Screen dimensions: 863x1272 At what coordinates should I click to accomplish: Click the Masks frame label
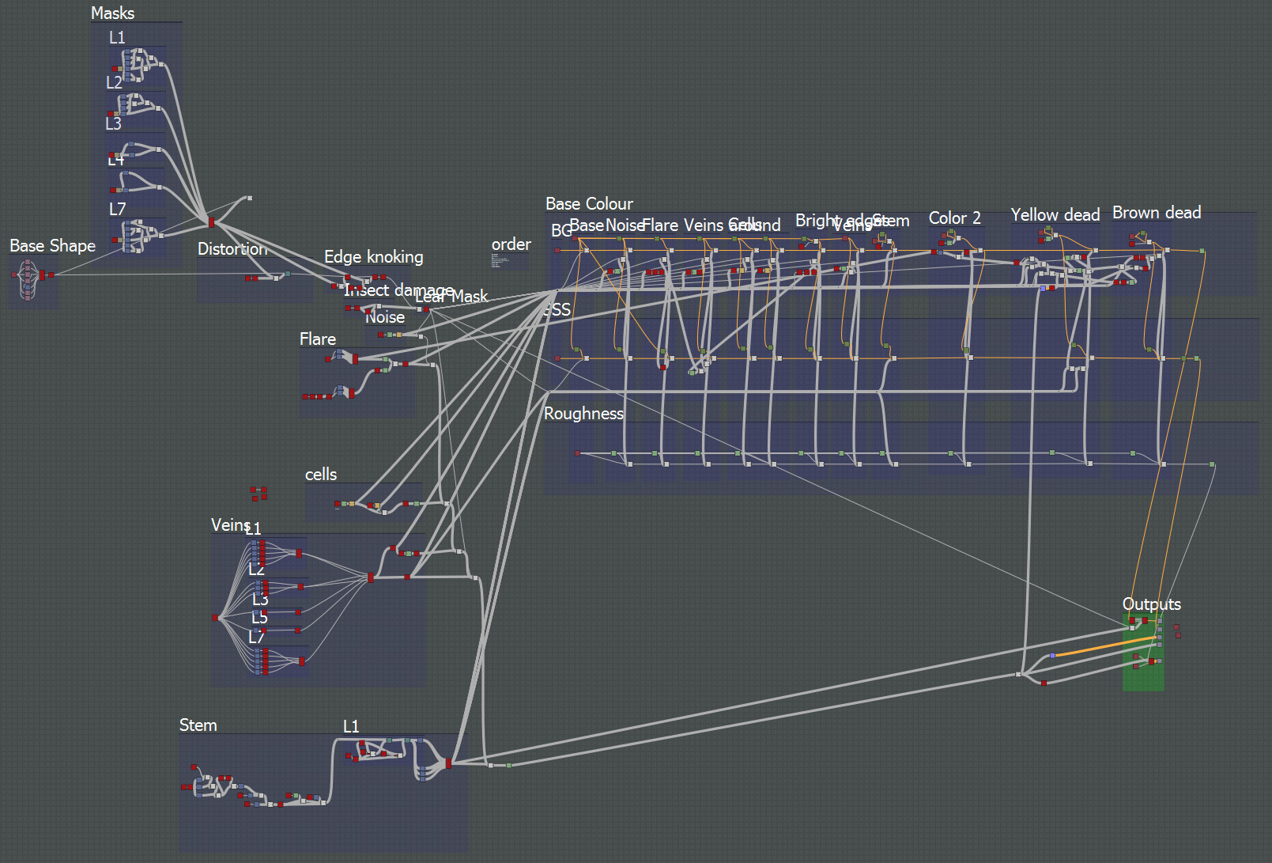click(x=112, y=13)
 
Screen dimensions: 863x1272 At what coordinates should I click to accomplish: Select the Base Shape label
click(x=52, y=246)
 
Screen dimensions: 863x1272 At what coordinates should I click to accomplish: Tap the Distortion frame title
click(x=232, y=249)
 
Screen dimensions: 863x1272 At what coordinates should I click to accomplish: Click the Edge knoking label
click(x=373, y=257)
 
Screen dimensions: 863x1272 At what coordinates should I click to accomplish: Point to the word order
click(x=511, y=244)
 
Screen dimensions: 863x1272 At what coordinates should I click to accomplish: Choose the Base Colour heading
click(x=589, y=204)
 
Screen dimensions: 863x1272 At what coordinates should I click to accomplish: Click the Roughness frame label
click(x=583, y=414)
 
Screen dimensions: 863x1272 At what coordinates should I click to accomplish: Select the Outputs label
click(x=1151, y=604)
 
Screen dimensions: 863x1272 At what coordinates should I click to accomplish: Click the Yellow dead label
click(x=1055, y=215)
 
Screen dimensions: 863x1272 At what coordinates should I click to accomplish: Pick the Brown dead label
click(x=1156, y=213)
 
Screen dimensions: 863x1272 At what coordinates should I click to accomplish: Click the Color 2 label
click(x=954, y=218)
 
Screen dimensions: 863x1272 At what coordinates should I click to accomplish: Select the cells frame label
click(x=321, y=475)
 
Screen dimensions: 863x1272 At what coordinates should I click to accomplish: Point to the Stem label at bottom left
click(x=198, y=725)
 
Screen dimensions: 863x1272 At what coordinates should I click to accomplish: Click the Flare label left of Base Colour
click(x=318, y=339)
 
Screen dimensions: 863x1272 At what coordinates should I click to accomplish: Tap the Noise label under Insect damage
click(x=385, y=318)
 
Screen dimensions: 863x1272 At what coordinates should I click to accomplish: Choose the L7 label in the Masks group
click(x=117, y=210)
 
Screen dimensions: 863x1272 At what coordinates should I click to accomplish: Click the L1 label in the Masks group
click(x=117, y=38)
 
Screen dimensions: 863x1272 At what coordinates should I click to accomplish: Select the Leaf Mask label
click(x=451, y=297)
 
